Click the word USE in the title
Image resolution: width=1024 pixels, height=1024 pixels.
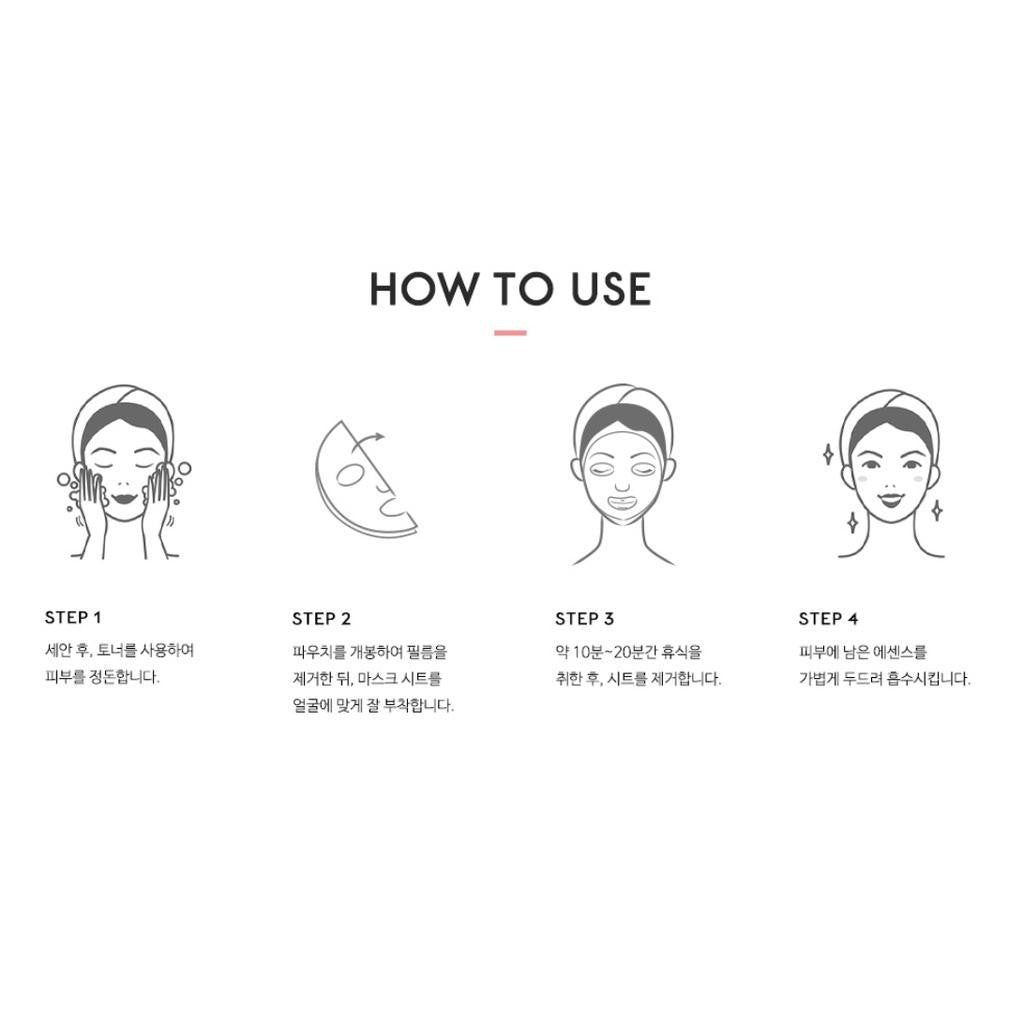pos(611,289)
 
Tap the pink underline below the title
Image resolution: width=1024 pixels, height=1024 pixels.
pos(510,333)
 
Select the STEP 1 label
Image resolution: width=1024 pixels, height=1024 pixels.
pos(72,618)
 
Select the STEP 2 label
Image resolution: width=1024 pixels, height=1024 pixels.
pos(321,619)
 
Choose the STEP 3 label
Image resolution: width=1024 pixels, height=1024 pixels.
pos(584,619)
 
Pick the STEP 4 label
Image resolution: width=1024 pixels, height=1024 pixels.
pos(828,619)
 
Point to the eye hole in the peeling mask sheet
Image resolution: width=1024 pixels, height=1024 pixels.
pos(351,475)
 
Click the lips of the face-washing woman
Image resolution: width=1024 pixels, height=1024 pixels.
pos(123,499)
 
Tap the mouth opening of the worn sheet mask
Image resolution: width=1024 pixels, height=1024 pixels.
pos(621,504)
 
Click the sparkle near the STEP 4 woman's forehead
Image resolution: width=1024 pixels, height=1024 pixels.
pos(827,454)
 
